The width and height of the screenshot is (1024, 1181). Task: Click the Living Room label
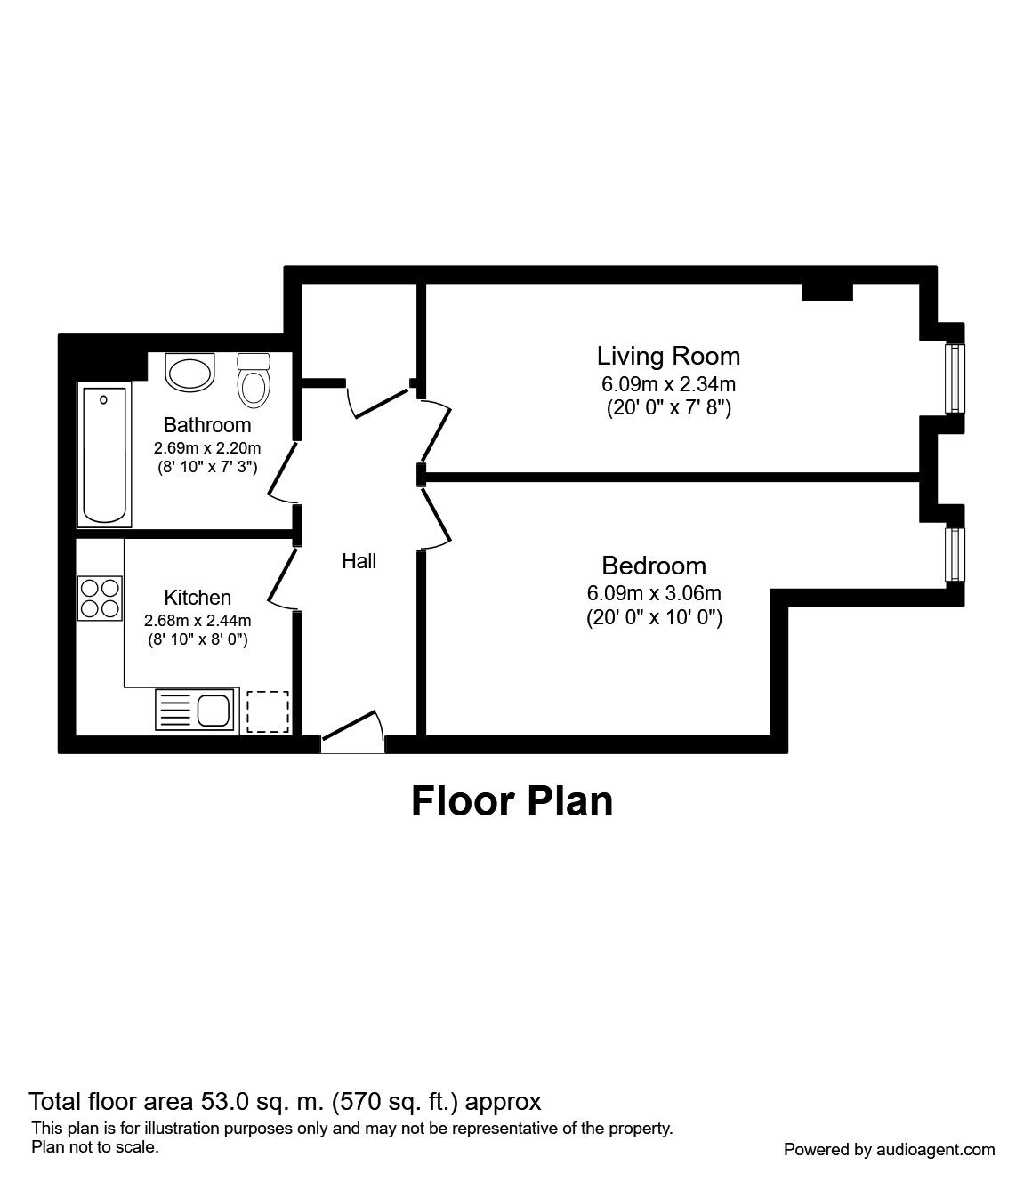coord(668,356)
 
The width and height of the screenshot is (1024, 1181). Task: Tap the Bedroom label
coord(654,566)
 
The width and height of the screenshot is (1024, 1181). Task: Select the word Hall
coord(359,561)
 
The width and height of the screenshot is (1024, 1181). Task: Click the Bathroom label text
coord(207,425)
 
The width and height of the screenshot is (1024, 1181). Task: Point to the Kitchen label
coord(198,598)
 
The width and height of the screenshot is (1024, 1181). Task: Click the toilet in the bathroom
coord(254,380)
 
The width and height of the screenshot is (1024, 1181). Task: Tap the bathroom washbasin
coord(189,372)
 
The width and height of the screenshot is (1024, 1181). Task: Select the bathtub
coord(105,454)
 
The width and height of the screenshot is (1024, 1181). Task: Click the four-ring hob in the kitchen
coord(101,599)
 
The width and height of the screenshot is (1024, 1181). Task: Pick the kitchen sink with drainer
coord(195,710)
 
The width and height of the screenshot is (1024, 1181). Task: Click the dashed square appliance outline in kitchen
coord(268,712)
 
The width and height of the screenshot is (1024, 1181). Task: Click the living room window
coord(955,378)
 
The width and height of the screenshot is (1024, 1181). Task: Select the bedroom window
coord(955,555)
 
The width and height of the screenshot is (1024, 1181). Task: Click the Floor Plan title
coord(512,802)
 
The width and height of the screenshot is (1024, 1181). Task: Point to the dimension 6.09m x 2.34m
coord(668,384)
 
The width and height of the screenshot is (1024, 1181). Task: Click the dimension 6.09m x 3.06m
coord(654,594)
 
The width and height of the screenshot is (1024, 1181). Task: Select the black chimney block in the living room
coord(828,292)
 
